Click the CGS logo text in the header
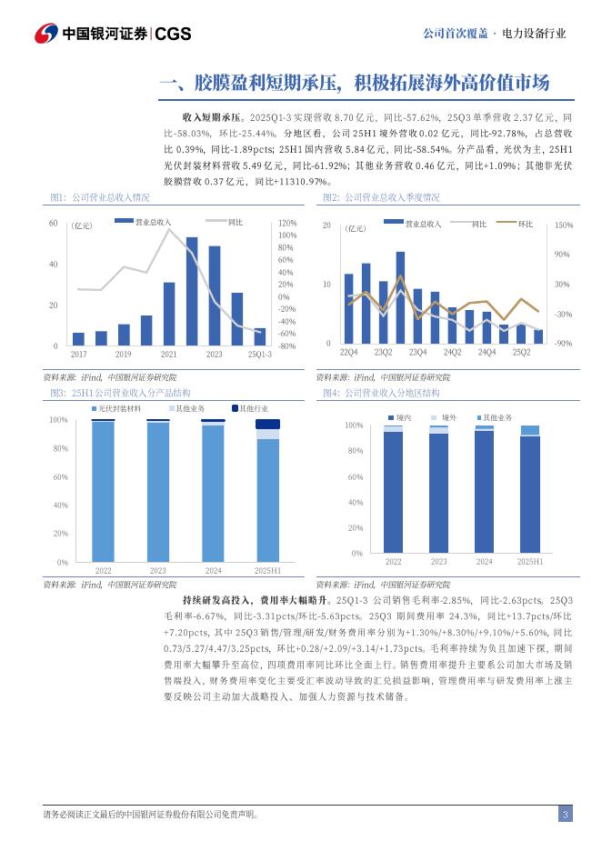click(x=174, y=34)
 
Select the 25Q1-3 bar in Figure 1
click(x=260, y=336)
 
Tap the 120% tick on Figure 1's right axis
click(x=287, y=223)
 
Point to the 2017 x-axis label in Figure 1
click(x=78, y=354)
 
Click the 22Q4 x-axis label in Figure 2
click(x=348, y=352)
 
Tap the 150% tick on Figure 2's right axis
click(x=564, y=225)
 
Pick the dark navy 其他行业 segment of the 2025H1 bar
click(x=268, y=424)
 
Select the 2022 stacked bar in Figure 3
click(x=103, y=491)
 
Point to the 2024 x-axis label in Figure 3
click(x=213, y=570)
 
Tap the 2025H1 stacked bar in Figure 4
click(x=529, y=490)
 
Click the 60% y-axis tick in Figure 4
click(x=356, y=476)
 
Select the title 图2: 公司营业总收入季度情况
click(x=381, y=197)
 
